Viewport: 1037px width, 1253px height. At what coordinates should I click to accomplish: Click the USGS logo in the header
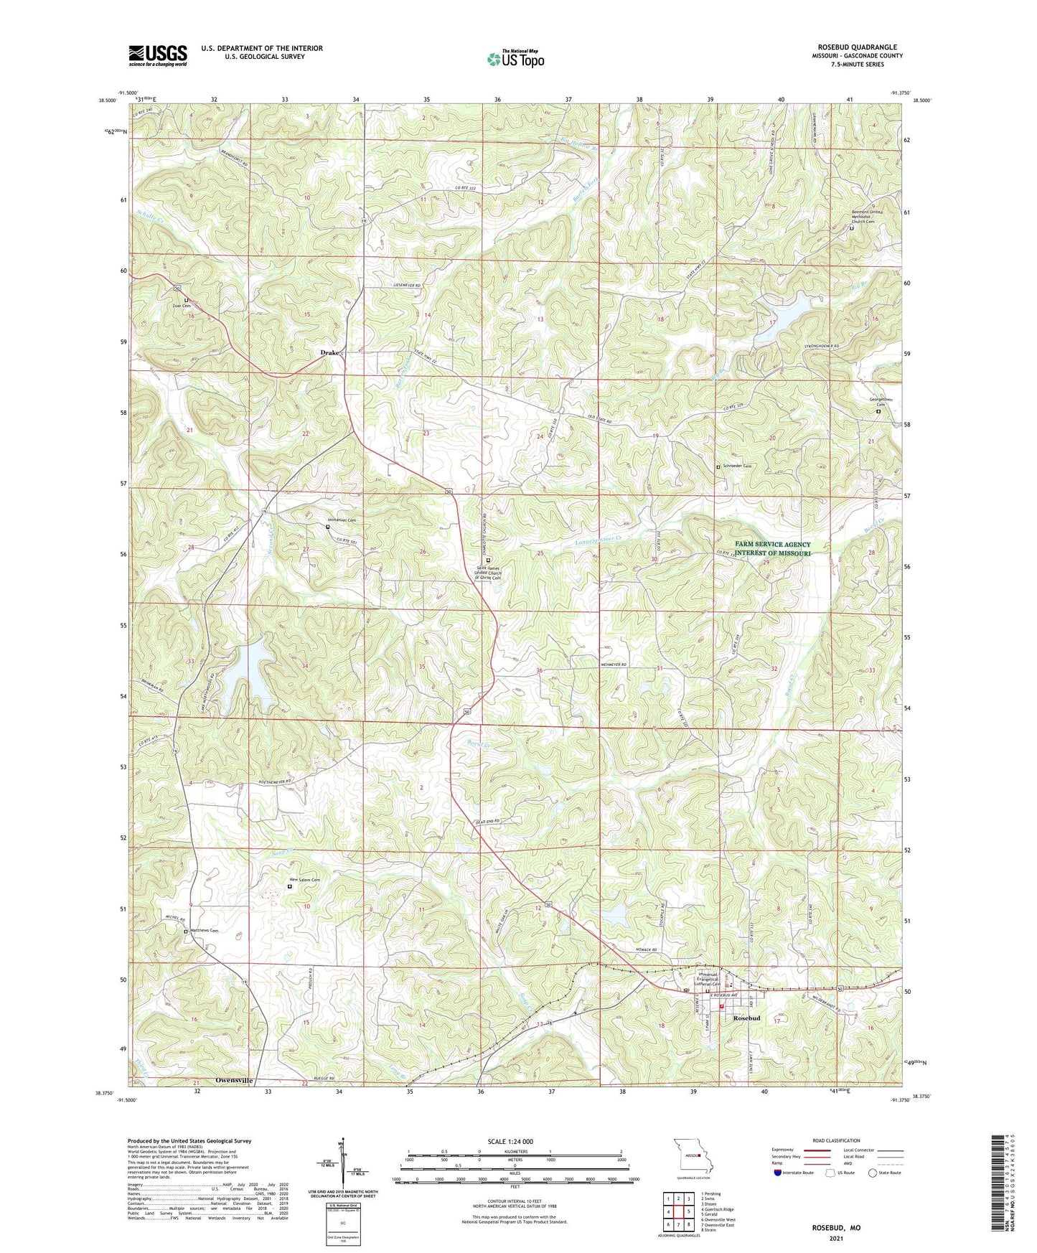click(158, 55)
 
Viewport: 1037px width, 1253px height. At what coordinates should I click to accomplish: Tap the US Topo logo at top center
click(515, 59)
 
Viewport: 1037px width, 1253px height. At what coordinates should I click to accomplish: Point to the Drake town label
click(329, 353)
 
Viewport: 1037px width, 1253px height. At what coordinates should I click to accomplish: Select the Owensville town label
click(234, 1080)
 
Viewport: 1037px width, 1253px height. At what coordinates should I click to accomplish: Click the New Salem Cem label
click(304, 880)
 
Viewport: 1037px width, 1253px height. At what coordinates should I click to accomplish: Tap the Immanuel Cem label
click(342, 520)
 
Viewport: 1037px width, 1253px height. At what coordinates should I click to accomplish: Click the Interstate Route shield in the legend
click(779, 1173)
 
